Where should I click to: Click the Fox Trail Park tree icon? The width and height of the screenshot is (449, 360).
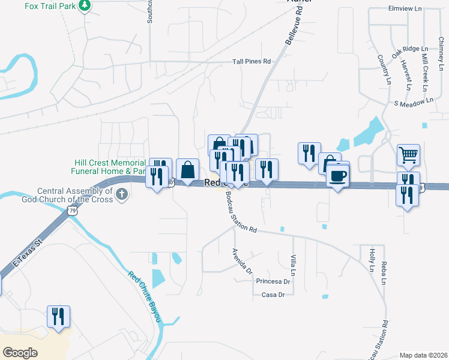tap(85, 7)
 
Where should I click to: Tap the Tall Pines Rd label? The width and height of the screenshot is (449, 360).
tap(252, 61)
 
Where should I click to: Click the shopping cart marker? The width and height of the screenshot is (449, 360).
tap(408, 155)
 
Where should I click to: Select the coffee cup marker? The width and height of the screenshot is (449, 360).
tap(338, 176)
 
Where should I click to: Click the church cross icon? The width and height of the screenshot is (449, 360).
tap(122, 194)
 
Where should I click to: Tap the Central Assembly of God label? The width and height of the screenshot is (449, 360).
tap(75, 195)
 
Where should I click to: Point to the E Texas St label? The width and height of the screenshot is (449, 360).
tap(28, 253)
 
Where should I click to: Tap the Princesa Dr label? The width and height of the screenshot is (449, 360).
tap(273, 281)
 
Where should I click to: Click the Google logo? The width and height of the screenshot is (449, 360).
tap(20, 353)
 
